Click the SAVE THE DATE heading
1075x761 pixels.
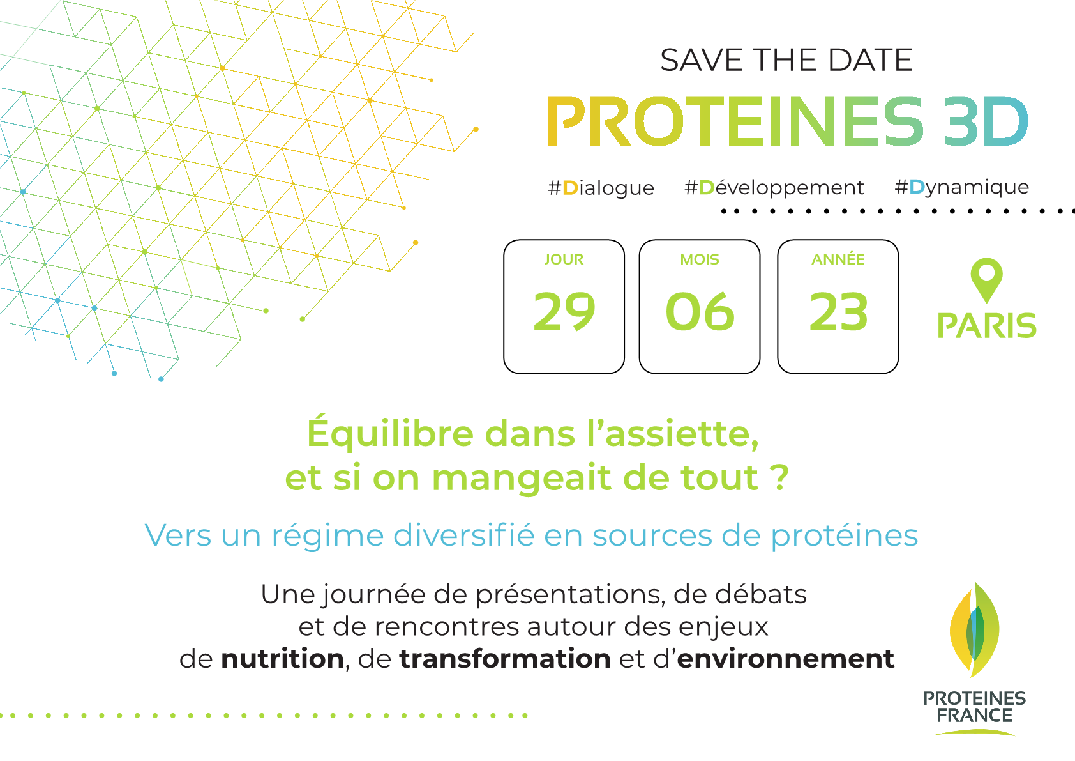tap(786, 60)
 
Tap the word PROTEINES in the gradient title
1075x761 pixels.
tap(735, 121)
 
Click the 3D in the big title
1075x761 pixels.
tap(986, 121)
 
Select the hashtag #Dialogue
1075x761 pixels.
tap(601, 188)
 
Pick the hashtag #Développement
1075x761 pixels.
tap(774, 188)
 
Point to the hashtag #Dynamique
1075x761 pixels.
tap(962, 187)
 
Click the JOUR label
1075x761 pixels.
tap(564, 259)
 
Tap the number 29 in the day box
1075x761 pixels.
tap(564, 312)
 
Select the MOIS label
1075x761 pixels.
tap(699, 259)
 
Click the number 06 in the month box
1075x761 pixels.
tap(700, 312)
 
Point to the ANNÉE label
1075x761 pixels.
tap(838, 259)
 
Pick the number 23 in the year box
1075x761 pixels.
tap(838, 312)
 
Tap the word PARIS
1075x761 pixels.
tap(987, 326)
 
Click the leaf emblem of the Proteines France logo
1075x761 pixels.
tap(974, 629)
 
